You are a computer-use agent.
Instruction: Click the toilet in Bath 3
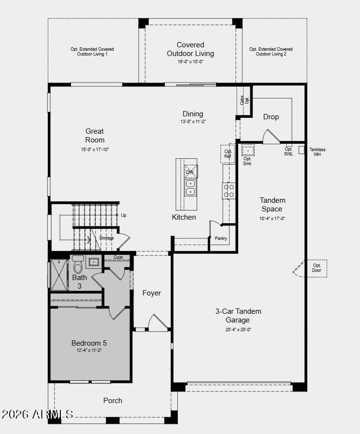78,265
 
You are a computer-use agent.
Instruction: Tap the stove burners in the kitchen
229,191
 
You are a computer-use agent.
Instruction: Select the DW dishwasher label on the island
189,172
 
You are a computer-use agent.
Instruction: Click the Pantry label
221,238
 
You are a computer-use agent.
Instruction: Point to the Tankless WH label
317,152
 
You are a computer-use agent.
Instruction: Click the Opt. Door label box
317,268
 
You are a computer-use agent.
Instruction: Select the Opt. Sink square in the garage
248,151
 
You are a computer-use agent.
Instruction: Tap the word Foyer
152,293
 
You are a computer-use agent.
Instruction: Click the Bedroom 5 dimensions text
89,350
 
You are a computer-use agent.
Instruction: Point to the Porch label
113,401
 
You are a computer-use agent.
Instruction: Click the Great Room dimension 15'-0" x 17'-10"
95,150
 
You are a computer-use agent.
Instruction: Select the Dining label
193,114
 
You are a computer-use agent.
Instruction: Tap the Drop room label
271,117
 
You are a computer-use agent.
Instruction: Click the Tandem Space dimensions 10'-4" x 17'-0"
272,218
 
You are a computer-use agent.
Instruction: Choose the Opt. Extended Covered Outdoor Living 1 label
92,52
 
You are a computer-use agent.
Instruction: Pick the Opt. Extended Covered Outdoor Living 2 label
271,52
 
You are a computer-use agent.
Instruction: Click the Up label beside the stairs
124,215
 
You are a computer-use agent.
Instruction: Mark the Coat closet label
118,257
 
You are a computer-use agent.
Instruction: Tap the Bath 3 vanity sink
94,262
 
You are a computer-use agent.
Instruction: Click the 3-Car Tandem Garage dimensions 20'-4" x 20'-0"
238,329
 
